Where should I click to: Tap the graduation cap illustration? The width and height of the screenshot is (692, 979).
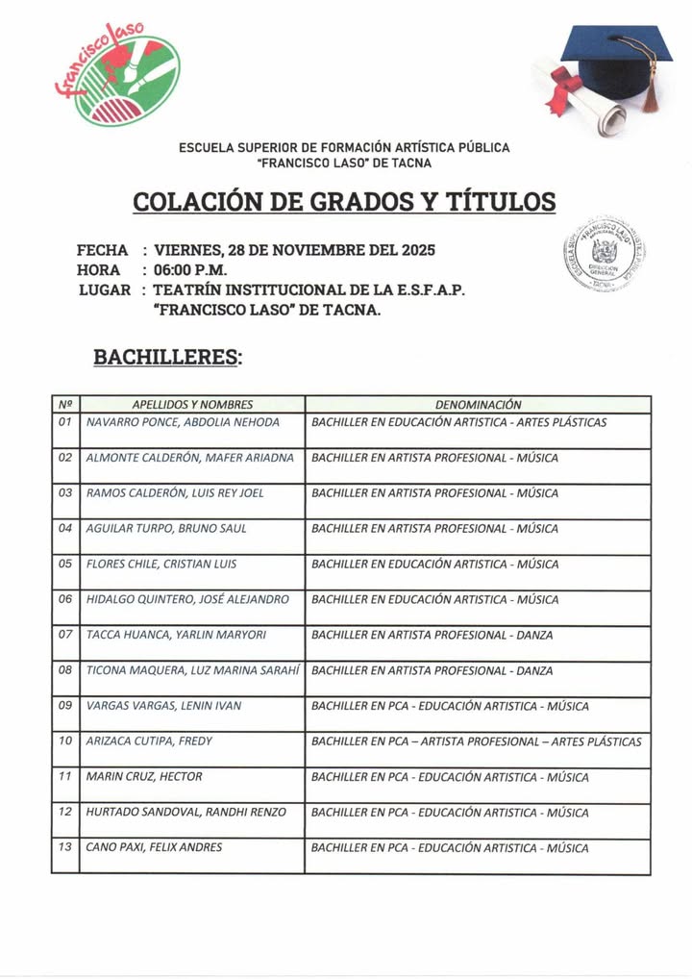[x=615, y=67]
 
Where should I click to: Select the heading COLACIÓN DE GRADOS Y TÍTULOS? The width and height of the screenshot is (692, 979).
[x=344, y=202]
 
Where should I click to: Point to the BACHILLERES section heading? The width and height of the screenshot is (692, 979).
[x=167, y=357]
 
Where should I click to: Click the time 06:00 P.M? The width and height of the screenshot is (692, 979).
[x=190, y=269]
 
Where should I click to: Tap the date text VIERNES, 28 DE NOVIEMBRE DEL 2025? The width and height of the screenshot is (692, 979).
[x=294, y=250]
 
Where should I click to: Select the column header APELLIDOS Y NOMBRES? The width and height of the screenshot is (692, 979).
[x=192, y=405]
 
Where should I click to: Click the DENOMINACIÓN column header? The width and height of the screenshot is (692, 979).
[x=478, y=405]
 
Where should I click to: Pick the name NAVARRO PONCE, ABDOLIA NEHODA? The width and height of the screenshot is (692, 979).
[x=183, y=422]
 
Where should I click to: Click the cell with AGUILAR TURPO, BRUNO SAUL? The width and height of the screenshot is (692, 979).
[x=166, y=528]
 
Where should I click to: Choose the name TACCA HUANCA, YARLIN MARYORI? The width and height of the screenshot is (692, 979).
[x=176, y=635]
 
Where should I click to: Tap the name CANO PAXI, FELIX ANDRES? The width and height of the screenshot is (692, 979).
[x=154, y=847]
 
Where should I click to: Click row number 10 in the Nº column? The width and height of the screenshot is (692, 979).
[x=65, y=741]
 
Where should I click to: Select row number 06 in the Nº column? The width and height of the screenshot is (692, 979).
[x=65, y=599]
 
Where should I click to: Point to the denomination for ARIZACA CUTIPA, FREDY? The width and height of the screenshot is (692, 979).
[x=477, y=741]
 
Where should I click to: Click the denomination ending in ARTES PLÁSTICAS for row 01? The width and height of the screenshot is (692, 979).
[x=458, y=422]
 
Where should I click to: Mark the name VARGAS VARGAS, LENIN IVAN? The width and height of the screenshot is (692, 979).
[x=163, y=706]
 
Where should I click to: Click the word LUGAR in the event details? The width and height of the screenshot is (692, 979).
[x=104, y=289]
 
